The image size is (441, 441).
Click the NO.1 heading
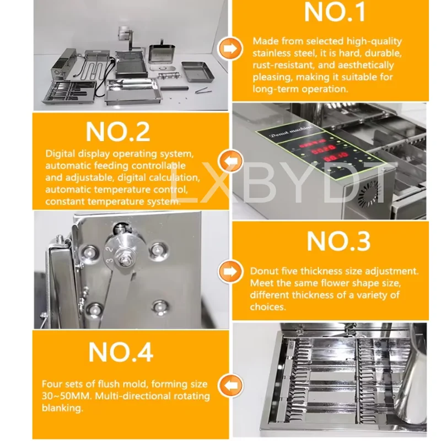coord(335,12)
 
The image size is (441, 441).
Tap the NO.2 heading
coord(117,132)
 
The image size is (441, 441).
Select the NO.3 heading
coord(338,241)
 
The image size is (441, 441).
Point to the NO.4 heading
coord(121,352)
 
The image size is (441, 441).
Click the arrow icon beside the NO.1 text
coord(230,49)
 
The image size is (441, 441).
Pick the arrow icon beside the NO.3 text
coord(230,272)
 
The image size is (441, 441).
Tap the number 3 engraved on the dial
coord(110,260)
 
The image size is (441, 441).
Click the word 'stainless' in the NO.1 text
coord(271,53)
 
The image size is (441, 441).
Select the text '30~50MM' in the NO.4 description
coord(67,396)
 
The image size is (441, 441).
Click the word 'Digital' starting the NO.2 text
coord(60,154)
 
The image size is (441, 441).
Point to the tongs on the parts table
coord(202,90)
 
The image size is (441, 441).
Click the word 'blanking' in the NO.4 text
coord(62,408)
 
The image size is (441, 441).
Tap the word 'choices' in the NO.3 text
coord(267,306)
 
